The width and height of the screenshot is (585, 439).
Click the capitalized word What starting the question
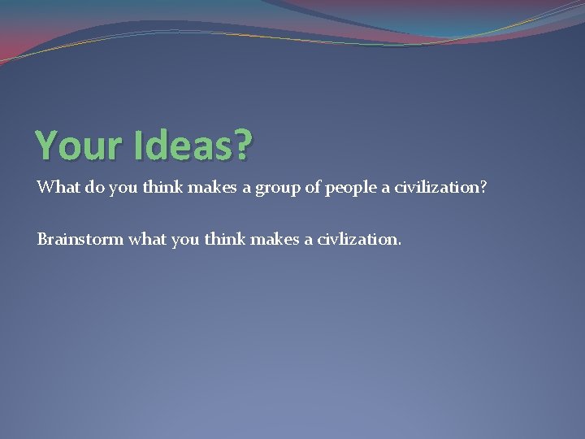(x=56, y=188)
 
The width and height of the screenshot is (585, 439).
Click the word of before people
(x=313, y=188)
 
